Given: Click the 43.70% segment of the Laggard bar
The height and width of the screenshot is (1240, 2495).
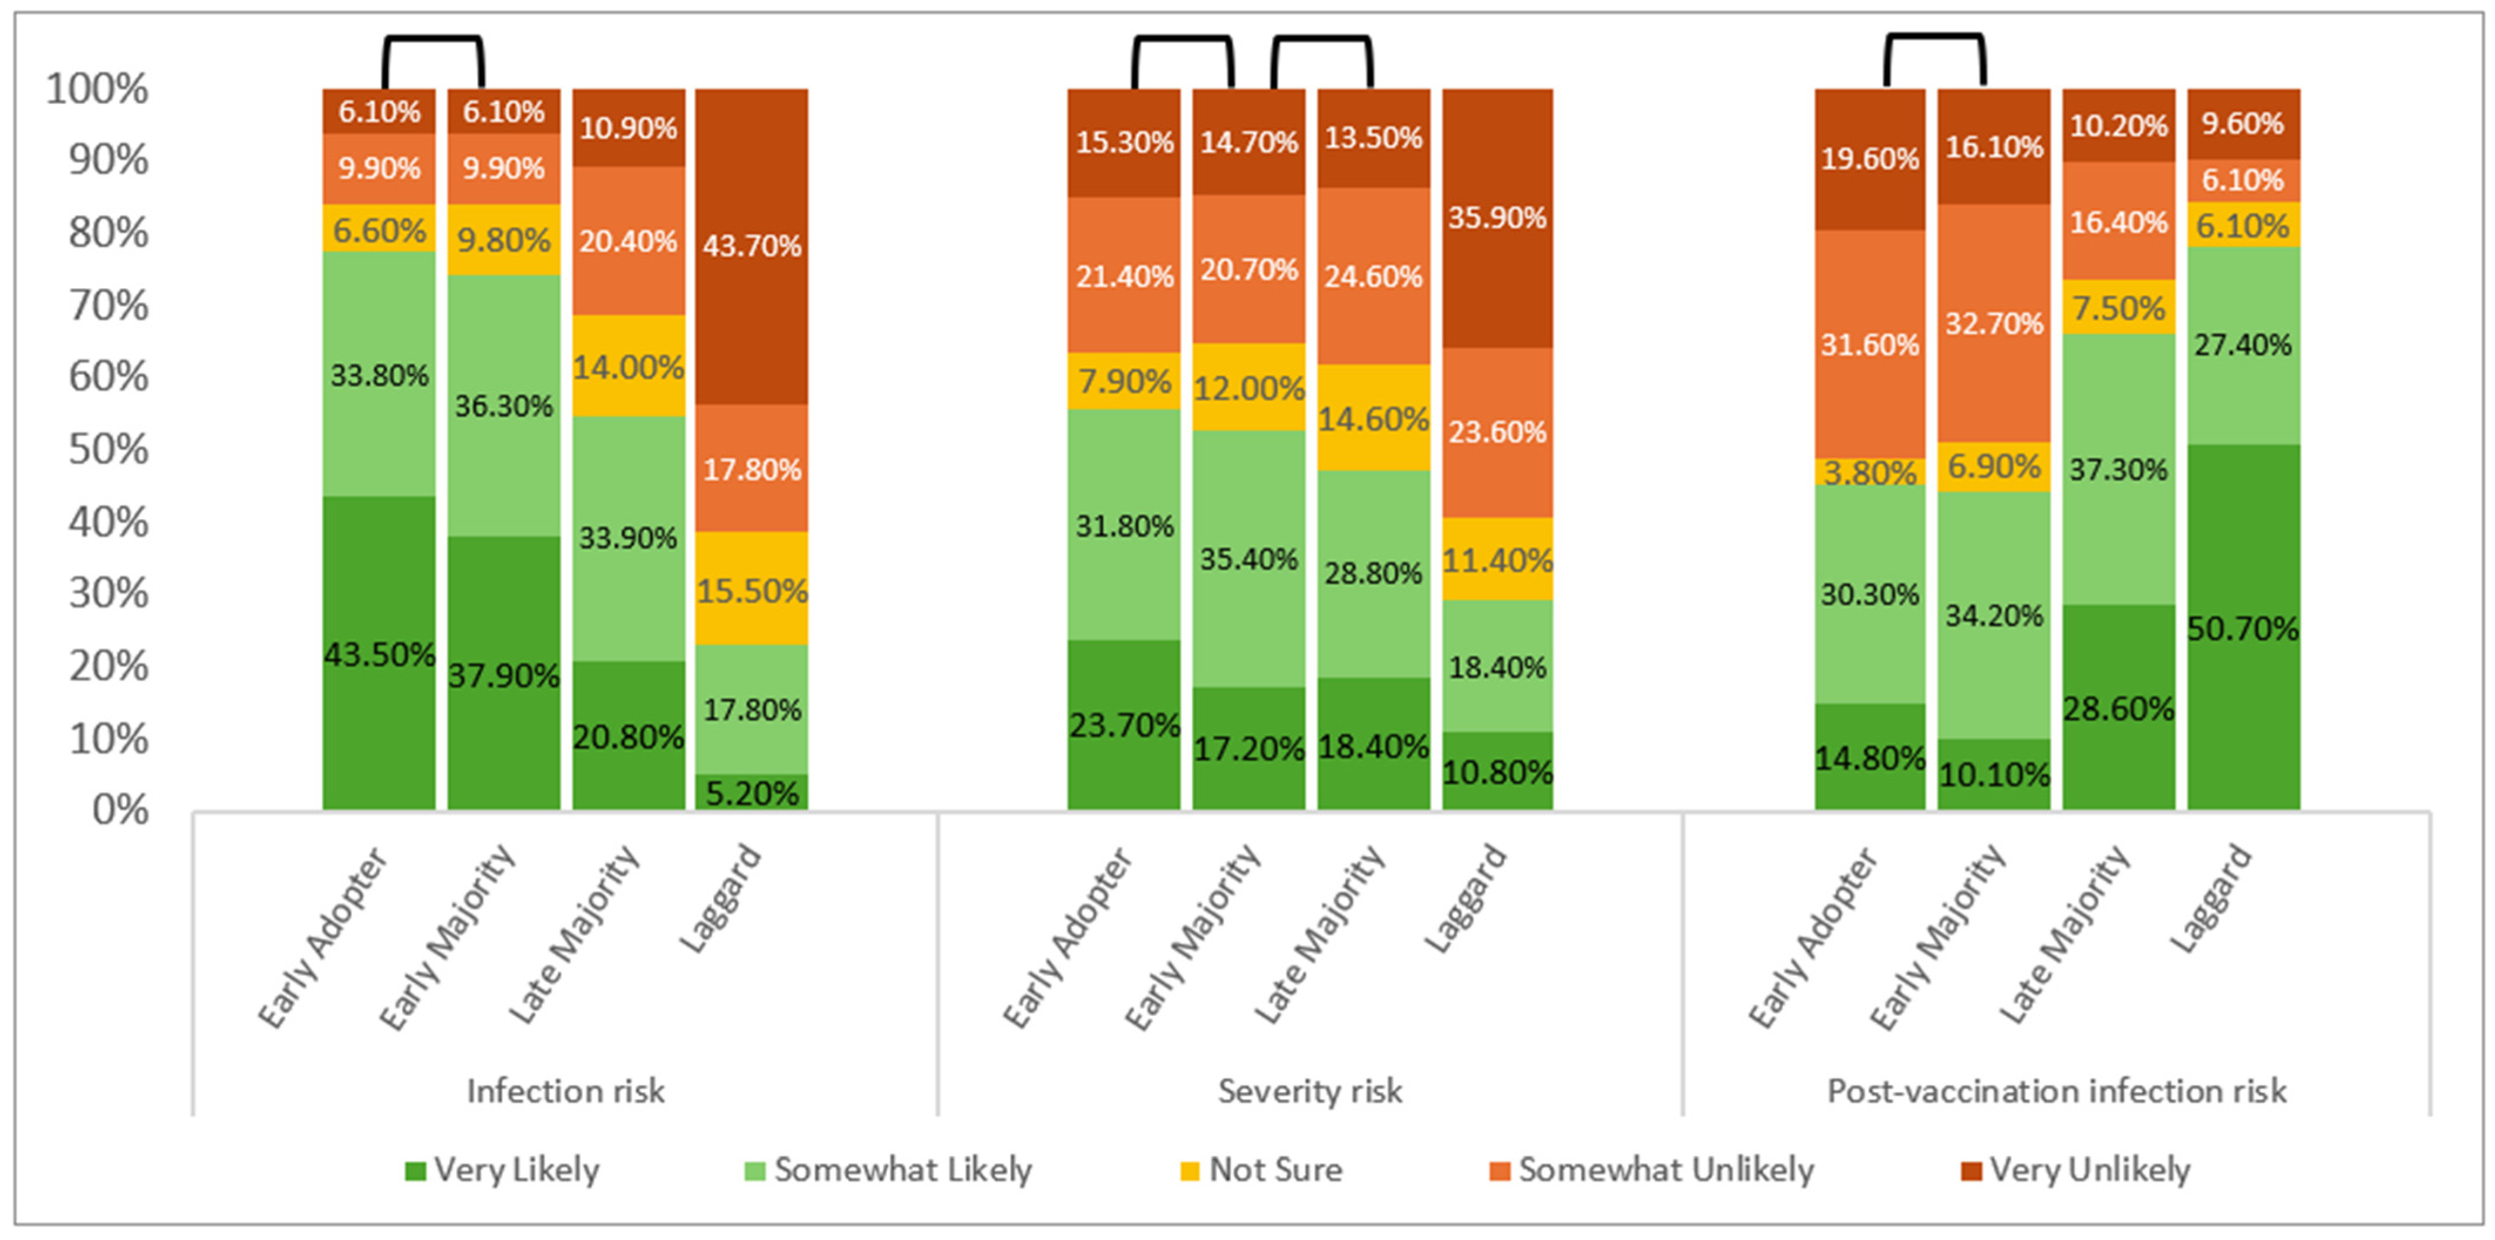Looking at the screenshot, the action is coord(752,246).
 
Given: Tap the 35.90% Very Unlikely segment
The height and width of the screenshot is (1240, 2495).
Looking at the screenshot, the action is coord(1497,218).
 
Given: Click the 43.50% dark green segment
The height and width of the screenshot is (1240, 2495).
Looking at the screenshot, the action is coord(379,653).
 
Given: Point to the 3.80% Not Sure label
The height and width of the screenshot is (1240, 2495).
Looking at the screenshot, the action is coord(1869,473).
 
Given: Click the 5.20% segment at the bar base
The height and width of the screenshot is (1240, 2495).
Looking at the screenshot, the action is coord(752,792).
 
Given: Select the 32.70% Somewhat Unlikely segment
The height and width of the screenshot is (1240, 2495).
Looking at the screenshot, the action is coord(1994,323).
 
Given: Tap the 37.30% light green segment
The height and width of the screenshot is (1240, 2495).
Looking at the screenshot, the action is coord(2118,469).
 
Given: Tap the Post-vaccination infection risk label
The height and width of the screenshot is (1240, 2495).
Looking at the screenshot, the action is coord(2056,1091).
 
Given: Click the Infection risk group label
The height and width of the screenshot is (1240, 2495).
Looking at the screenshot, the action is coord(566,1091).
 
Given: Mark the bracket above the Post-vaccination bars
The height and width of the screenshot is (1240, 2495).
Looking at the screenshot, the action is coord(1934,37).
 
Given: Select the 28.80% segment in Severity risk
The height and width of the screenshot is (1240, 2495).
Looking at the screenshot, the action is coord(1373,573).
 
